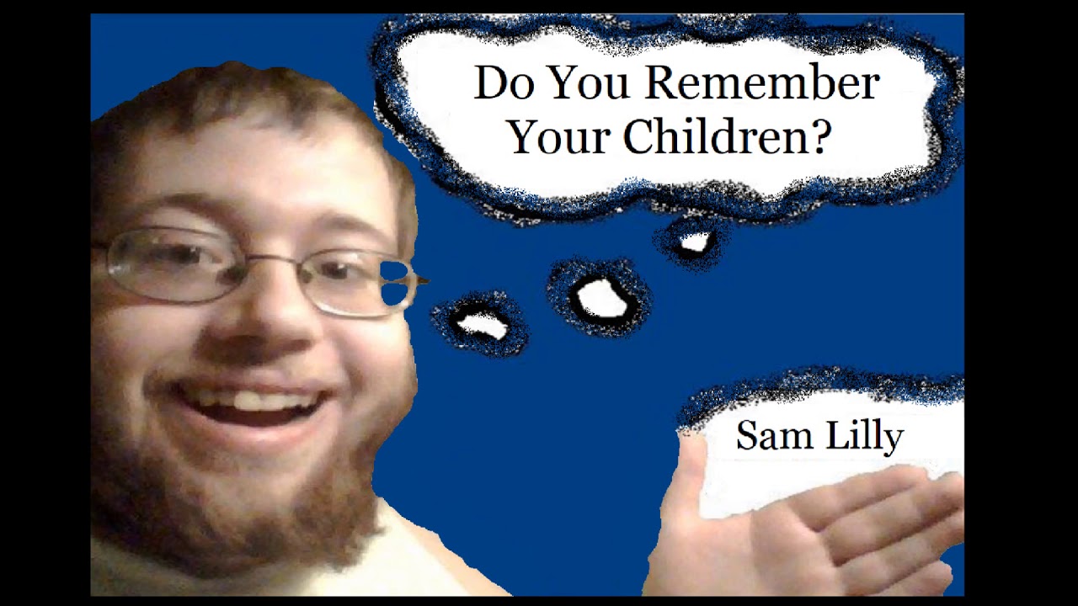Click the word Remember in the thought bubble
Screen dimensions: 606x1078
763,83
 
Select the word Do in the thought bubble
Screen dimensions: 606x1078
500,83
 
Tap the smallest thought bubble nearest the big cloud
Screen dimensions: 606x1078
694,242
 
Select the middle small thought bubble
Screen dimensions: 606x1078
600,298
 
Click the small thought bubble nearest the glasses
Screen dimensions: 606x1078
481,324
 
